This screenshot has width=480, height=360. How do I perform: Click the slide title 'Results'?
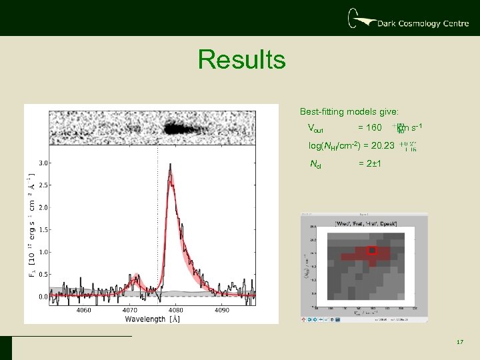tap(241, 60)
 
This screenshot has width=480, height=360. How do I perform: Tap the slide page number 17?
tap(459, 342)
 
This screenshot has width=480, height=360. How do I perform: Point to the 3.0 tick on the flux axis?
tap(42, 163)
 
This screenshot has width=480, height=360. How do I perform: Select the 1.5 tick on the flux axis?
tap(42, 230)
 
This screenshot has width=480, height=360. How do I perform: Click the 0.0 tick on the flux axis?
tap(42, 297)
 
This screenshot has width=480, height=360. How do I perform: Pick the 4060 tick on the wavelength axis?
tap(84, 310)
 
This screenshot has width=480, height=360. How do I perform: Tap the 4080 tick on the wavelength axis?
tap(177, 310)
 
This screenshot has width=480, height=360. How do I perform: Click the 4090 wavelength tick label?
tap(223, 310)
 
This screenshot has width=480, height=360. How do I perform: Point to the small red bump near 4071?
tap(135, 277)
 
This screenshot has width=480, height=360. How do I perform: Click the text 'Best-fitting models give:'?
tap(349, 111)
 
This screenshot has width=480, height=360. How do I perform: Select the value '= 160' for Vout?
tap(370, 128)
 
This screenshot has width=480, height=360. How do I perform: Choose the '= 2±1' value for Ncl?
tap(370, 164)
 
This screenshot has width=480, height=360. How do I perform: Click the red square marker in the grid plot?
tap(373, 251)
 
